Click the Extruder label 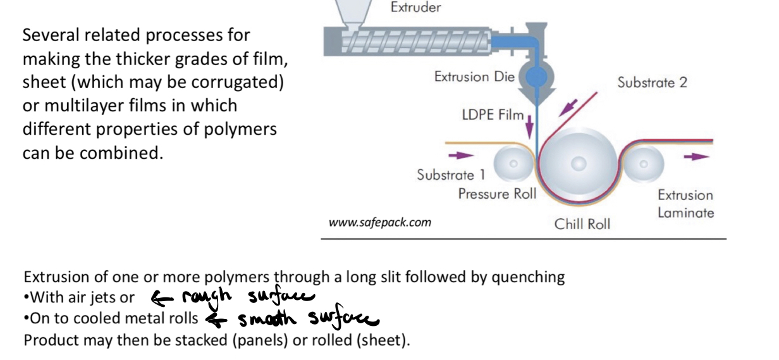(x=415, y=8)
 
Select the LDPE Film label (x=492, y=115)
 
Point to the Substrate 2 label (x=652, y=82)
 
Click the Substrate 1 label (x=450, y=175)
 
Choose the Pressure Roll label (x=496, y=194)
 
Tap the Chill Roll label (x=582, y=224)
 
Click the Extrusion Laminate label (x=685, y=204)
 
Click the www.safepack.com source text (x=379, y=222)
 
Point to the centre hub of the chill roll (x=579, y=164)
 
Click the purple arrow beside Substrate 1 (x=460, y=154)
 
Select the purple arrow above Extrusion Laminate (x=696, y=156)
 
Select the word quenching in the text (x=533, y=277)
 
